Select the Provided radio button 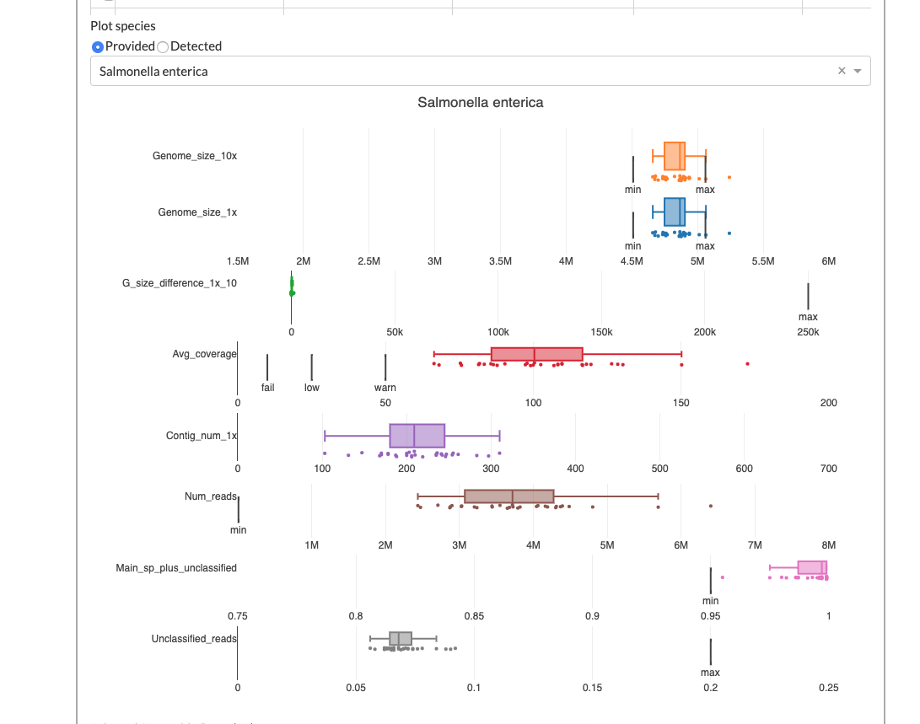[x=98, y=46]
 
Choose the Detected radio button [x=164, y=46]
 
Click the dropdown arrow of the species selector [x=858, y=72]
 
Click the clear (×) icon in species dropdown [x=841, y=72]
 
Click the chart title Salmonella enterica [x=480, y=102]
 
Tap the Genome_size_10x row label [x=195, y=156]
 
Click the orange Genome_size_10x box [x=675, y=156]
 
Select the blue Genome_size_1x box [x=675, y=212]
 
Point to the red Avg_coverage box [x=536, y=354]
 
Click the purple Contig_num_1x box [x=417, y=436]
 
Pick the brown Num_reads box [x=508, y=496]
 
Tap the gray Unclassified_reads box [x=400, y=639]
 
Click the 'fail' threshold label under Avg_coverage [x=267, y=388]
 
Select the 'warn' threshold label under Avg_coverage [x=385, y=388]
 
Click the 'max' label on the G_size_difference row [x=808, y=317]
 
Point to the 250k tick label [x=808, y=332]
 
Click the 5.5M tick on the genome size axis [x=763, y=261]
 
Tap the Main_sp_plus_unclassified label [x=176, y=568]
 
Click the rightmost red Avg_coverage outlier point [x=747, y=363]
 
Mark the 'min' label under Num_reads [x=239, y=530]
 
